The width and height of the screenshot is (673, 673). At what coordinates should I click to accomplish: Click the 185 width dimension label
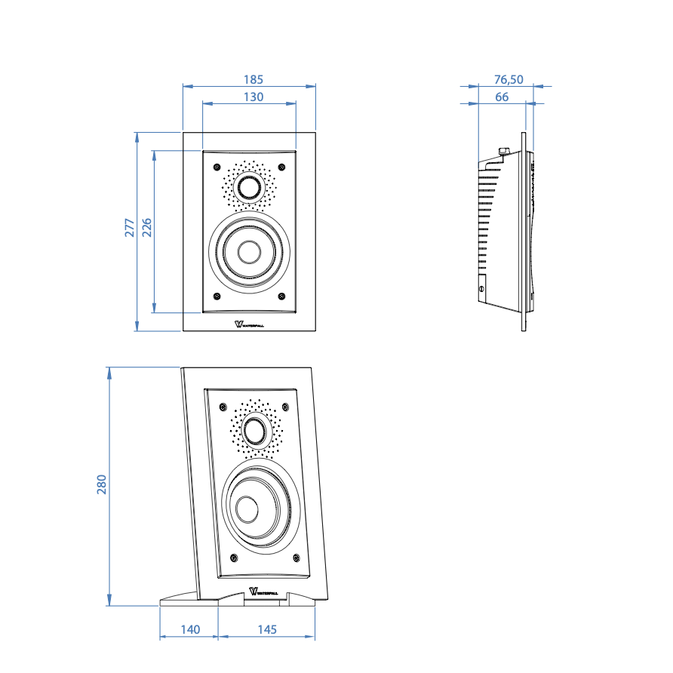254,78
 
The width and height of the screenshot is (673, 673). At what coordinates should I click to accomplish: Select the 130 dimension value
254,97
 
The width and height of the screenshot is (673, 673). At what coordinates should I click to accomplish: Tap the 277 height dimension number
130,228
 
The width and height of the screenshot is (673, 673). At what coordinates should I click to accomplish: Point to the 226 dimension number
147,228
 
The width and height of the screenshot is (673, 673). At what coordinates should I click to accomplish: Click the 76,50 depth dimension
509,78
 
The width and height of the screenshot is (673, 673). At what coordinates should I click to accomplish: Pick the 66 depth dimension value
502,97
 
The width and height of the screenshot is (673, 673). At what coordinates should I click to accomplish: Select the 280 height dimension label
102,484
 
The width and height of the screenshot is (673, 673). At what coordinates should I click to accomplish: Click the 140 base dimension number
190,629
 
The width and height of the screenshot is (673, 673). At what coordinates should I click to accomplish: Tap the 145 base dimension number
266,629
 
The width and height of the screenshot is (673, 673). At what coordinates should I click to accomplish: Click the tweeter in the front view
249,186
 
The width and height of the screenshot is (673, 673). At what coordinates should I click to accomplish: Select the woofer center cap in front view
249,251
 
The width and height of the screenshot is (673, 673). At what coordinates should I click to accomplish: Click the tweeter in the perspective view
254,432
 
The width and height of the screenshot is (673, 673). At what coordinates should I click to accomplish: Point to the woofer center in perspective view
248,509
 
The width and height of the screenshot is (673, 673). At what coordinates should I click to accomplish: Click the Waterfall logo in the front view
250,325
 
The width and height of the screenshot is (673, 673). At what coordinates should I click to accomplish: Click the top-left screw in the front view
217,166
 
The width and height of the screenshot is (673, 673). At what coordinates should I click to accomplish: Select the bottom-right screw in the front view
282,296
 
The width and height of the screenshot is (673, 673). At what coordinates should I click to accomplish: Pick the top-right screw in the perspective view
286,407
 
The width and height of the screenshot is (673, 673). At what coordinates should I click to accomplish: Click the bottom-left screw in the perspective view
234,558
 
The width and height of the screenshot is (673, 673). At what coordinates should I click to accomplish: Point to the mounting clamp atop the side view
503,153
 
